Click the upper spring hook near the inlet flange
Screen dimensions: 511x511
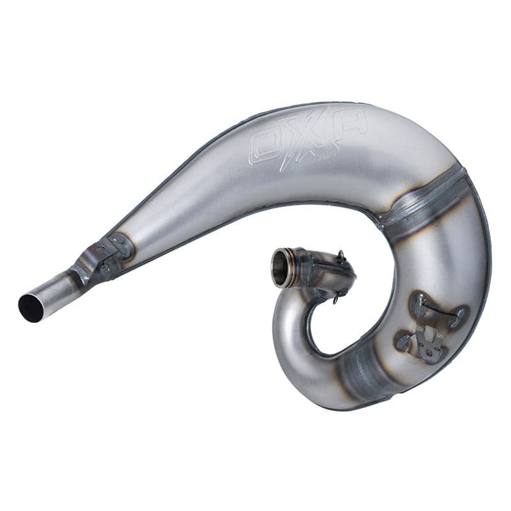(x=342, y=257)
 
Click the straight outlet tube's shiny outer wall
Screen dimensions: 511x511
(x=54, y=291)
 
